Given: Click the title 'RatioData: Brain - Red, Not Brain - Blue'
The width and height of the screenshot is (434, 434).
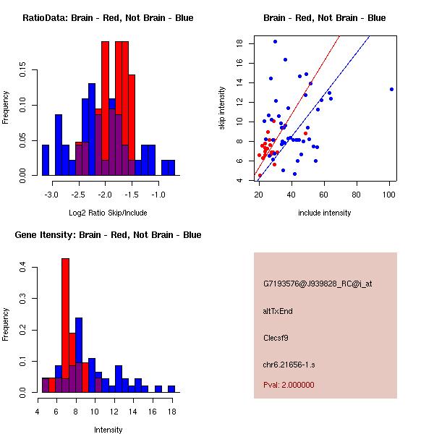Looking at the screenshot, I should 108,17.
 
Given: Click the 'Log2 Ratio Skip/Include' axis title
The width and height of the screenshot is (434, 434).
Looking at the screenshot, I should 108,213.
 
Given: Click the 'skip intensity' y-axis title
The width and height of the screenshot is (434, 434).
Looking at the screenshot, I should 224,109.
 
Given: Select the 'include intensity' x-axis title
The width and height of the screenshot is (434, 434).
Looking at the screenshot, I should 325,213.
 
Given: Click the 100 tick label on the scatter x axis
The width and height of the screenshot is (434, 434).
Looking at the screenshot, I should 391,195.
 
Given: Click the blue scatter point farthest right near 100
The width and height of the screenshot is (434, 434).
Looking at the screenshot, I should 391,90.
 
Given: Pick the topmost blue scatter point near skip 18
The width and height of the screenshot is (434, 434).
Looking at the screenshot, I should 275,42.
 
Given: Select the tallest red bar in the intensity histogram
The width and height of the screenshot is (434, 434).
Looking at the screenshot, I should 65,325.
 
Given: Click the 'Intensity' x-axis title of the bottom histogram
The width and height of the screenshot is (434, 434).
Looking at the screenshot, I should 108,430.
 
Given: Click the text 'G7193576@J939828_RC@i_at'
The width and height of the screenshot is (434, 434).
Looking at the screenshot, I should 318,284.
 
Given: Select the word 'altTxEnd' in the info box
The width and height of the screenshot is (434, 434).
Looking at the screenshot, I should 278,311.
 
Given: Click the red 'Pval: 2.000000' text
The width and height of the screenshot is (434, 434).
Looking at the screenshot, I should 289,385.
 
